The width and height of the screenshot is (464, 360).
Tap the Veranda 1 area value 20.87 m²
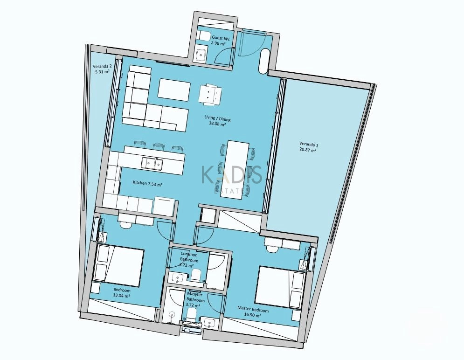click(308, 150)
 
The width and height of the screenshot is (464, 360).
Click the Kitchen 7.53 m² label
click(147, 184)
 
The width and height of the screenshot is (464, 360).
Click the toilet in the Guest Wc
click(203, 36)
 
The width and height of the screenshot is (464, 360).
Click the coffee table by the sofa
click(174, 90)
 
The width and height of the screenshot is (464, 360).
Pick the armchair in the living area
click(210, 94)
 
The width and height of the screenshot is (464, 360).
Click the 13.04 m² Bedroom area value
click(121, 295)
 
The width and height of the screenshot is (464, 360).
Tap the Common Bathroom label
click(189, 257)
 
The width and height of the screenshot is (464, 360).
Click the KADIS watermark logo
click(232, 175)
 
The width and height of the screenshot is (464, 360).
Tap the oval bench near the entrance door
click(263, 60)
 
